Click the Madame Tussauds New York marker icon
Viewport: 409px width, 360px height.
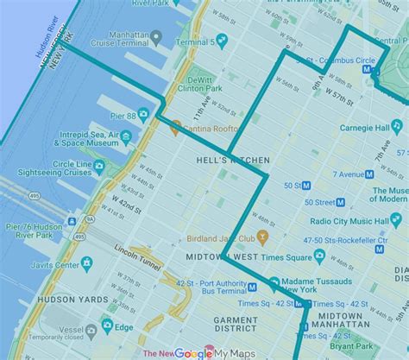click(x=274, y=283)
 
